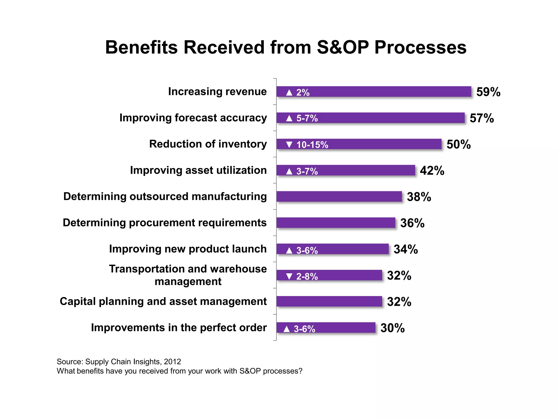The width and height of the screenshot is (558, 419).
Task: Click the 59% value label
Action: pos(488,92)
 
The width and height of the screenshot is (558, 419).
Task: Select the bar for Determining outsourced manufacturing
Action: pos(339,196)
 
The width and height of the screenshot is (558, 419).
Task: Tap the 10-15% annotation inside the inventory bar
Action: pos(312,145)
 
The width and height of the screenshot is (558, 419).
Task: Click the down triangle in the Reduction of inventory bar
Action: pos(289,145)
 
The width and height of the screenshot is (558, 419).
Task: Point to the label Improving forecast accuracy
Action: pos(193,118)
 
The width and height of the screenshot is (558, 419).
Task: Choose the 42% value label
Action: pos(432,170)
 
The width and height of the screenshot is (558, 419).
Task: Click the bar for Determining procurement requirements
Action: pos(336,223)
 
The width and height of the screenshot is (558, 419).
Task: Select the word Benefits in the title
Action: pos(141,47)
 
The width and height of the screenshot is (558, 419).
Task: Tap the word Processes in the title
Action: pos(420,47)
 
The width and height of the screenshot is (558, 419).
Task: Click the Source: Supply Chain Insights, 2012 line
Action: pos(119,361)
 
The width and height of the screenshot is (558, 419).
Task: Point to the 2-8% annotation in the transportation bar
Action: pos(307,277)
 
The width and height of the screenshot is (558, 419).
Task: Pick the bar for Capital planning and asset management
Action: pos(329,301)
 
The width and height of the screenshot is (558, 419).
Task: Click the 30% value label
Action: pos(392,328)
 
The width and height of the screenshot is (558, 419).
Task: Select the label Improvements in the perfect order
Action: pos(179,328)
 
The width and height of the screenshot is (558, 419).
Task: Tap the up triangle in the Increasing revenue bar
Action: pos(289,92)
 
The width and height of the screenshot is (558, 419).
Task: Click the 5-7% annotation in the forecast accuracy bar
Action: pos(307,118)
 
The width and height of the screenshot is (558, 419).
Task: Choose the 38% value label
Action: pos(419,197)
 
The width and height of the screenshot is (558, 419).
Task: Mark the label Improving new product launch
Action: pos(188,249)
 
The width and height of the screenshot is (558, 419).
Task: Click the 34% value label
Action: pos(405,249)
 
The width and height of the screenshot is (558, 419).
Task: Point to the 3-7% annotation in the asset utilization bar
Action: pos(307,171)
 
